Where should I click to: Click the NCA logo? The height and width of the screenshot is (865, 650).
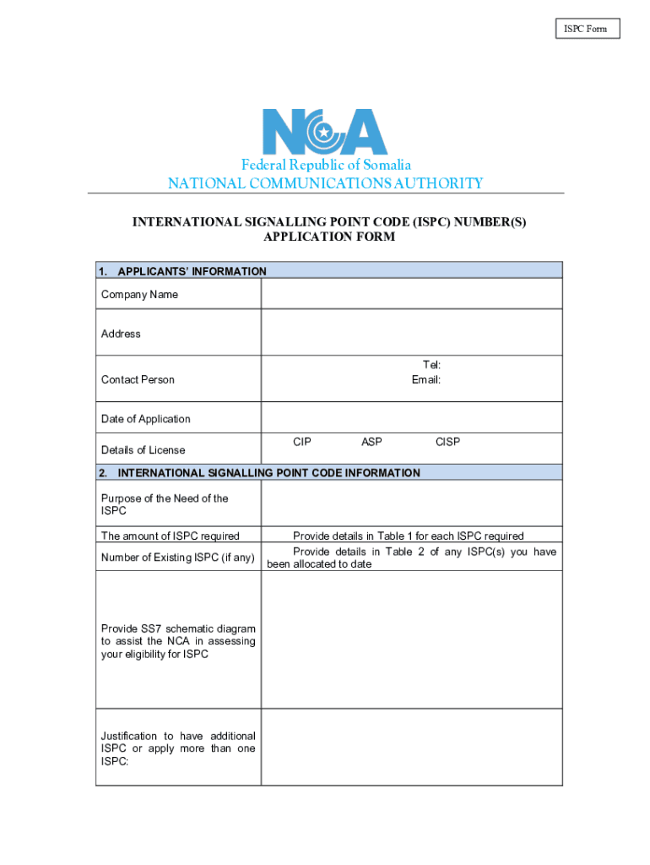(x=325, y=133)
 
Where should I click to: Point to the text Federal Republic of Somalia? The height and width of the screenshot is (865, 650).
(x=326, y=166)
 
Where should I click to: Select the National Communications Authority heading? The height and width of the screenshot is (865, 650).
(x=326, y=183)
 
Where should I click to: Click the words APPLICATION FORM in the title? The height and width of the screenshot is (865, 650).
(x=329, y=237)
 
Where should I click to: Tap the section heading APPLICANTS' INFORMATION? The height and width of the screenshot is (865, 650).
(x=192, y=271)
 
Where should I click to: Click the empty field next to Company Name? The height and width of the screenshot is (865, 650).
(x=411, y=294)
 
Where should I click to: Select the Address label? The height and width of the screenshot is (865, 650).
(x=121, y=334)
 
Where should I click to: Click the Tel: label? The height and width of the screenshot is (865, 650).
(x=431, y=365)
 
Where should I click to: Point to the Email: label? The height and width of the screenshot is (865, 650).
(x=426, y=380)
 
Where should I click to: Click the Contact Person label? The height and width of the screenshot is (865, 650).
(x=138, y=380)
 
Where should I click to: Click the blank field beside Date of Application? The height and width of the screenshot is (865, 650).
(x=411, y=418)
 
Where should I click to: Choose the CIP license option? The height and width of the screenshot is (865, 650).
(x=302, y=442)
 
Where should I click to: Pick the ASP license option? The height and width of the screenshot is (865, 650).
(x=371, y=442)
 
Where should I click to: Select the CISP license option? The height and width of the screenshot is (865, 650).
(x=447, y=442)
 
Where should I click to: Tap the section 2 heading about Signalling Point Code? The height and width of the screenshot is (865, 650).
(x=268, y=473)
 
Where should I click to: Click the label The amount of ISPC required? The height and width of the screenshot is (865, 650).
(x=170, y=536)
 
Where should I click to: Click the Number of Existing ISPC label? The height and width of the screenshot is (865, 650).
(x=177, y=558)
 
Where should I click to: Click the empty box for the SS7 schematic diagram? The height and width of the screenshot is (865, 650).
(x=411, y=639)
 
